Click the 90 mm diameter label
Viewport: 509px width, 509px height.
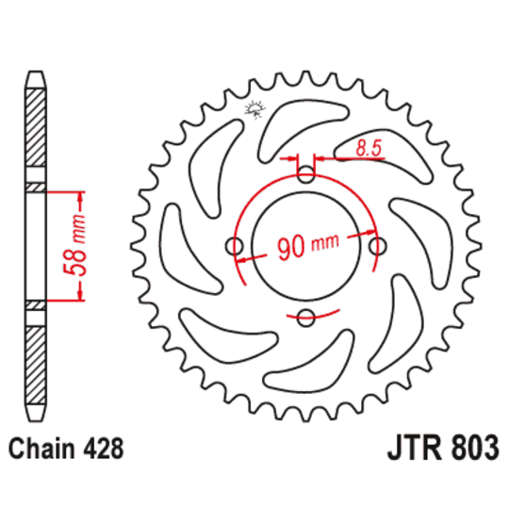(x=306, y=247)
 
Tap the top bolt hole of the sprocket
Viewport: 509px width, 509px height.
(x=306, y=174)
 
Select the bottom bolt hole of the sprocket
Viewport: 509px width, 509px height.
(x=306, y=319)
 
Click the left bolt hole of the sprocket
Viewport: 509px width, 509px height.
(x=234, y=246)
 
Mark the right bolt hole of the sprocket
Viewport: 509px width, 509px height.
(x=379, y=246)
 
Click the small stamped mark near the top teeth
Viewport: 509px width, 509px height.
(x=252, y=111)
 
